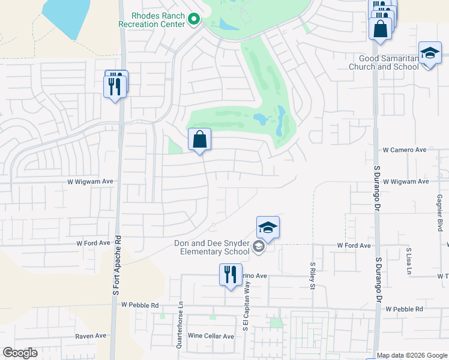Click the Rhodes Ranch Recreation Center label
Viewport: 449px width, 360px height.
[157, 20]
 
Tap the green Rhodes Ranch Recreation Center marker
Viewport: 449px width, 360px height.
[193, 20]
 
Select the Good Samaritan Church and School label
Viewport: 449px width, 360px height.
[384, 63]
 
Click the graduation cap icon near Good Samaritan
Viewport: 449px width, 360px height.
[430, 55]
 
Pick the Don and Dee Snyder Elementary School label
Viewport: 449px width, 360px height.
[212, 247]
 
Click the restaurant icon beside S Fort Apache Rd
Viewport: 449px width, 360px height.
[115, 85]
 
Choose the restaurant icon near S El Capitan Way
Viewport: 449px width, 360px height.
[231, 275]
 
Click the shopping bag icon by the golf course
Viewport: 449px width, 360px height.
[200, 140]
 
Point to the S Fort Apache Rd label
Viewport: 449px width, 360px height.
[118, 287]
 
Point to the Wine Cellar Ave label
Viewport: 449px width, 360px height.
[211, 336]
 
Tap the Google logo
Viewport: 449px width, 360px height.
[20, 353]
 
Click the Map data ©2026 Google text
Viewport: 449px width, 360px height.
[411, 355]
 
